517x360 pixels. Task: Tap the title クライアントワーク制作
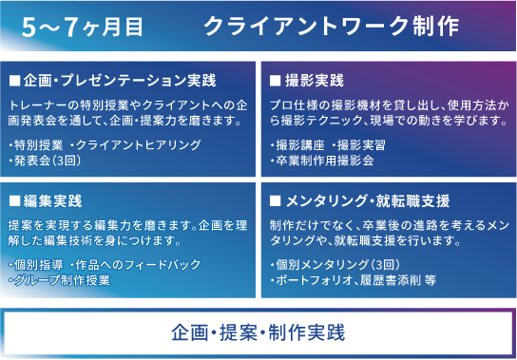(332, 26)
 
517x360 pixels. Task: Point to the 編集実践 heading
(52, 202)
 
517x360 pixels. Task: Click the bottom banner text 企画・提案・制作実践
(258, 332)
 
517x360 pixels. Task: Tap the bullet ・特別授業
(36, 144)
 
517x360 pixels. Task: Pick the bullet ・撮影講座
(299, 144)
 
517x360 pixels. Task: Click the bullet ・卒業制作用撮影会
(322, 161)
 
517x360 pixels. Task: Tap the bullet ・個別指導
(36, 264)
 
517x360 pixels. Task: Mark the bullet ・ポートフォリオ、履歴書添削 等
(353, 280)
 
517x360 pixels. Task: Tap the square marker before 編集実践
(13, 202)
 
